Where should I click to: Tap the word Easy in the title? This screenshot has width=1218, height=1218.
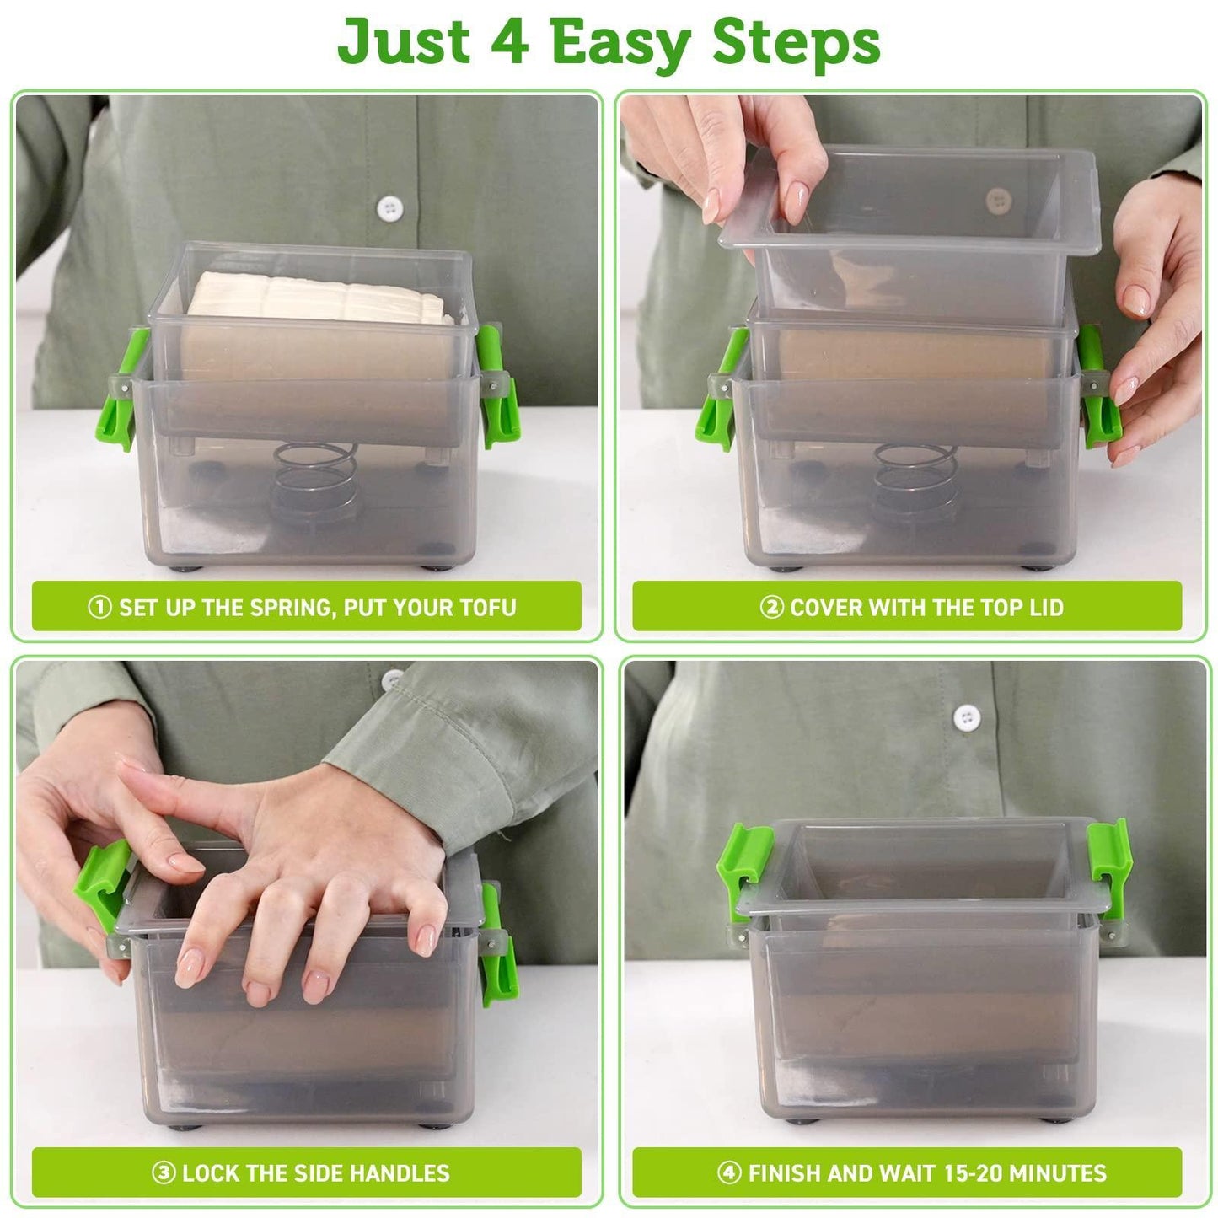pyautogui.click(x=620, y=42)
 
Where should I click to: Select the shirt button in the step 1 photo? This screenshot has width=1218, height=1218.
pyautogui.click(x=388, y=207)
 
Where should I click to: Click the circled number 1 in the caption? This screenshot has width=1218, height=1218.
pyautogui.click(x=99, y=607)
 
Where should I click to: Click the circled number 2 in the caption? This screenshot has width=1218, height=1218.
pyautogui.click(x=772, y=607)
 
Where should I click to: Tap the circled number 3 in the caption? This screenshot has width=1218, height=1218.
pyautogui.click(x=164, y=1172)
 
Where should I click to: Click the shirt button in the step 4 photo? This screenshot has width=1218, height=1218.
pyautogui.click(x=966, y=717)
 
